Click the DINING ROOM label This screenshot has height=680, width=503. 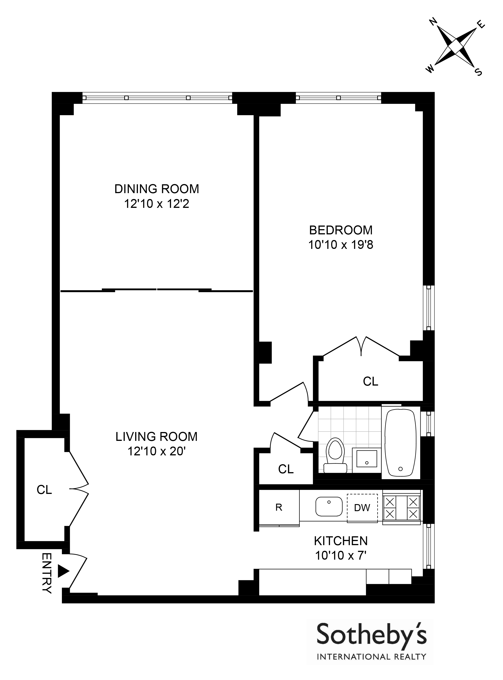(156, 189)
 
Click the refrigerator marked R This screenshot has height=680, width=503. (279, 508)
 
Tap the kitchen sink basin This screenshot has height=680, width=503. (329, 507)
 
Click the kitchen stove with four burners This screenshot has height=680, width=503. (402, 507)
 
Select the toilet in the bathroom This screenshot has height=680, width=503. (335, 455)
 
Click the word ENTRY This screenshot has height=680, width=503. (46, 573)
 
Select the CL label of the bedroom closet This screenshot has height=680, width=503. (371, 381)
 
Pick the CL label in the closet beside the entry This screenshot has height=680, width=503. (44, 490)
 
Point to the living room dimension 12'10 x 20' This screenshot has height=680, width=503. (156, 451)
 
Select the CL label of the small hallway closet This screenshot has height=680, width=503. (286, 469)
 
